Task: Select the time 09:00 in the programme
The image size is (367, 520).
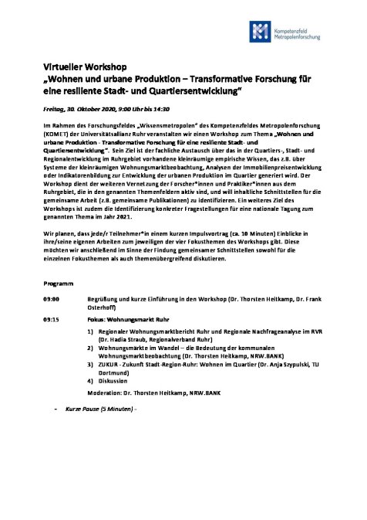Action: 52,298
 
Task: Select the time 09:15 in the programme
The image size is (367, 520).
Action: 52,318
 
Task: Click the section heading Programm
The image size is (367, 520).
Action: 59,277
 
